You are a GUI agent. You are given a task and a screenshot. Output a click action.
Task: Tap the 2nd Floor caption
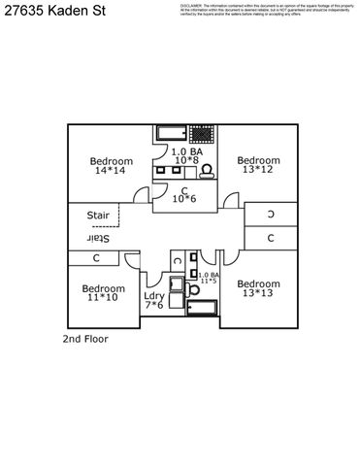tap(85, 340)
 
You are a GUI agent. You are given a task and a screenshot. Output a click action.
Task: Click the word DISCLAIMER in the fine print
tap(195, 5)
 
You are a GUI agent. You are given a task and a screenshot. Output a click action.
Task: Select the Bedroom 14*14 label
tap(111, 166)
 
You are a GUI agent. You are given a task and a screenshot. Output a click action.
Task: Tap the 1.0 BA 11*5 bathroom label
tap(208, 278)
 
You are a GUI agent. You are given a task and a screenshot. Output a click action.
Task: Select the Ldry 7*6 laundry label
tap(153, 300)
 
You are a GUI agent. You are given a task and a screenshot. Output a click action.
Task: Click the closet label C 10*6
tap(183, 194)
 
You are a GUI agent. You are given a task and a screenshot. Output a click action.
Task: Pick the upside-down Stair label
tap(99, 238)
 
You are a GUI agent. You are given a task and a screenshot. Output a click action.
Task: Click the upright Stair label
tap(98, 216)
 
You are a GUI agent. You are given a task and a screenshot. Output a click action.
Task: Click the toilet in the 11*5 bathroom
tap(176, 285)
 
